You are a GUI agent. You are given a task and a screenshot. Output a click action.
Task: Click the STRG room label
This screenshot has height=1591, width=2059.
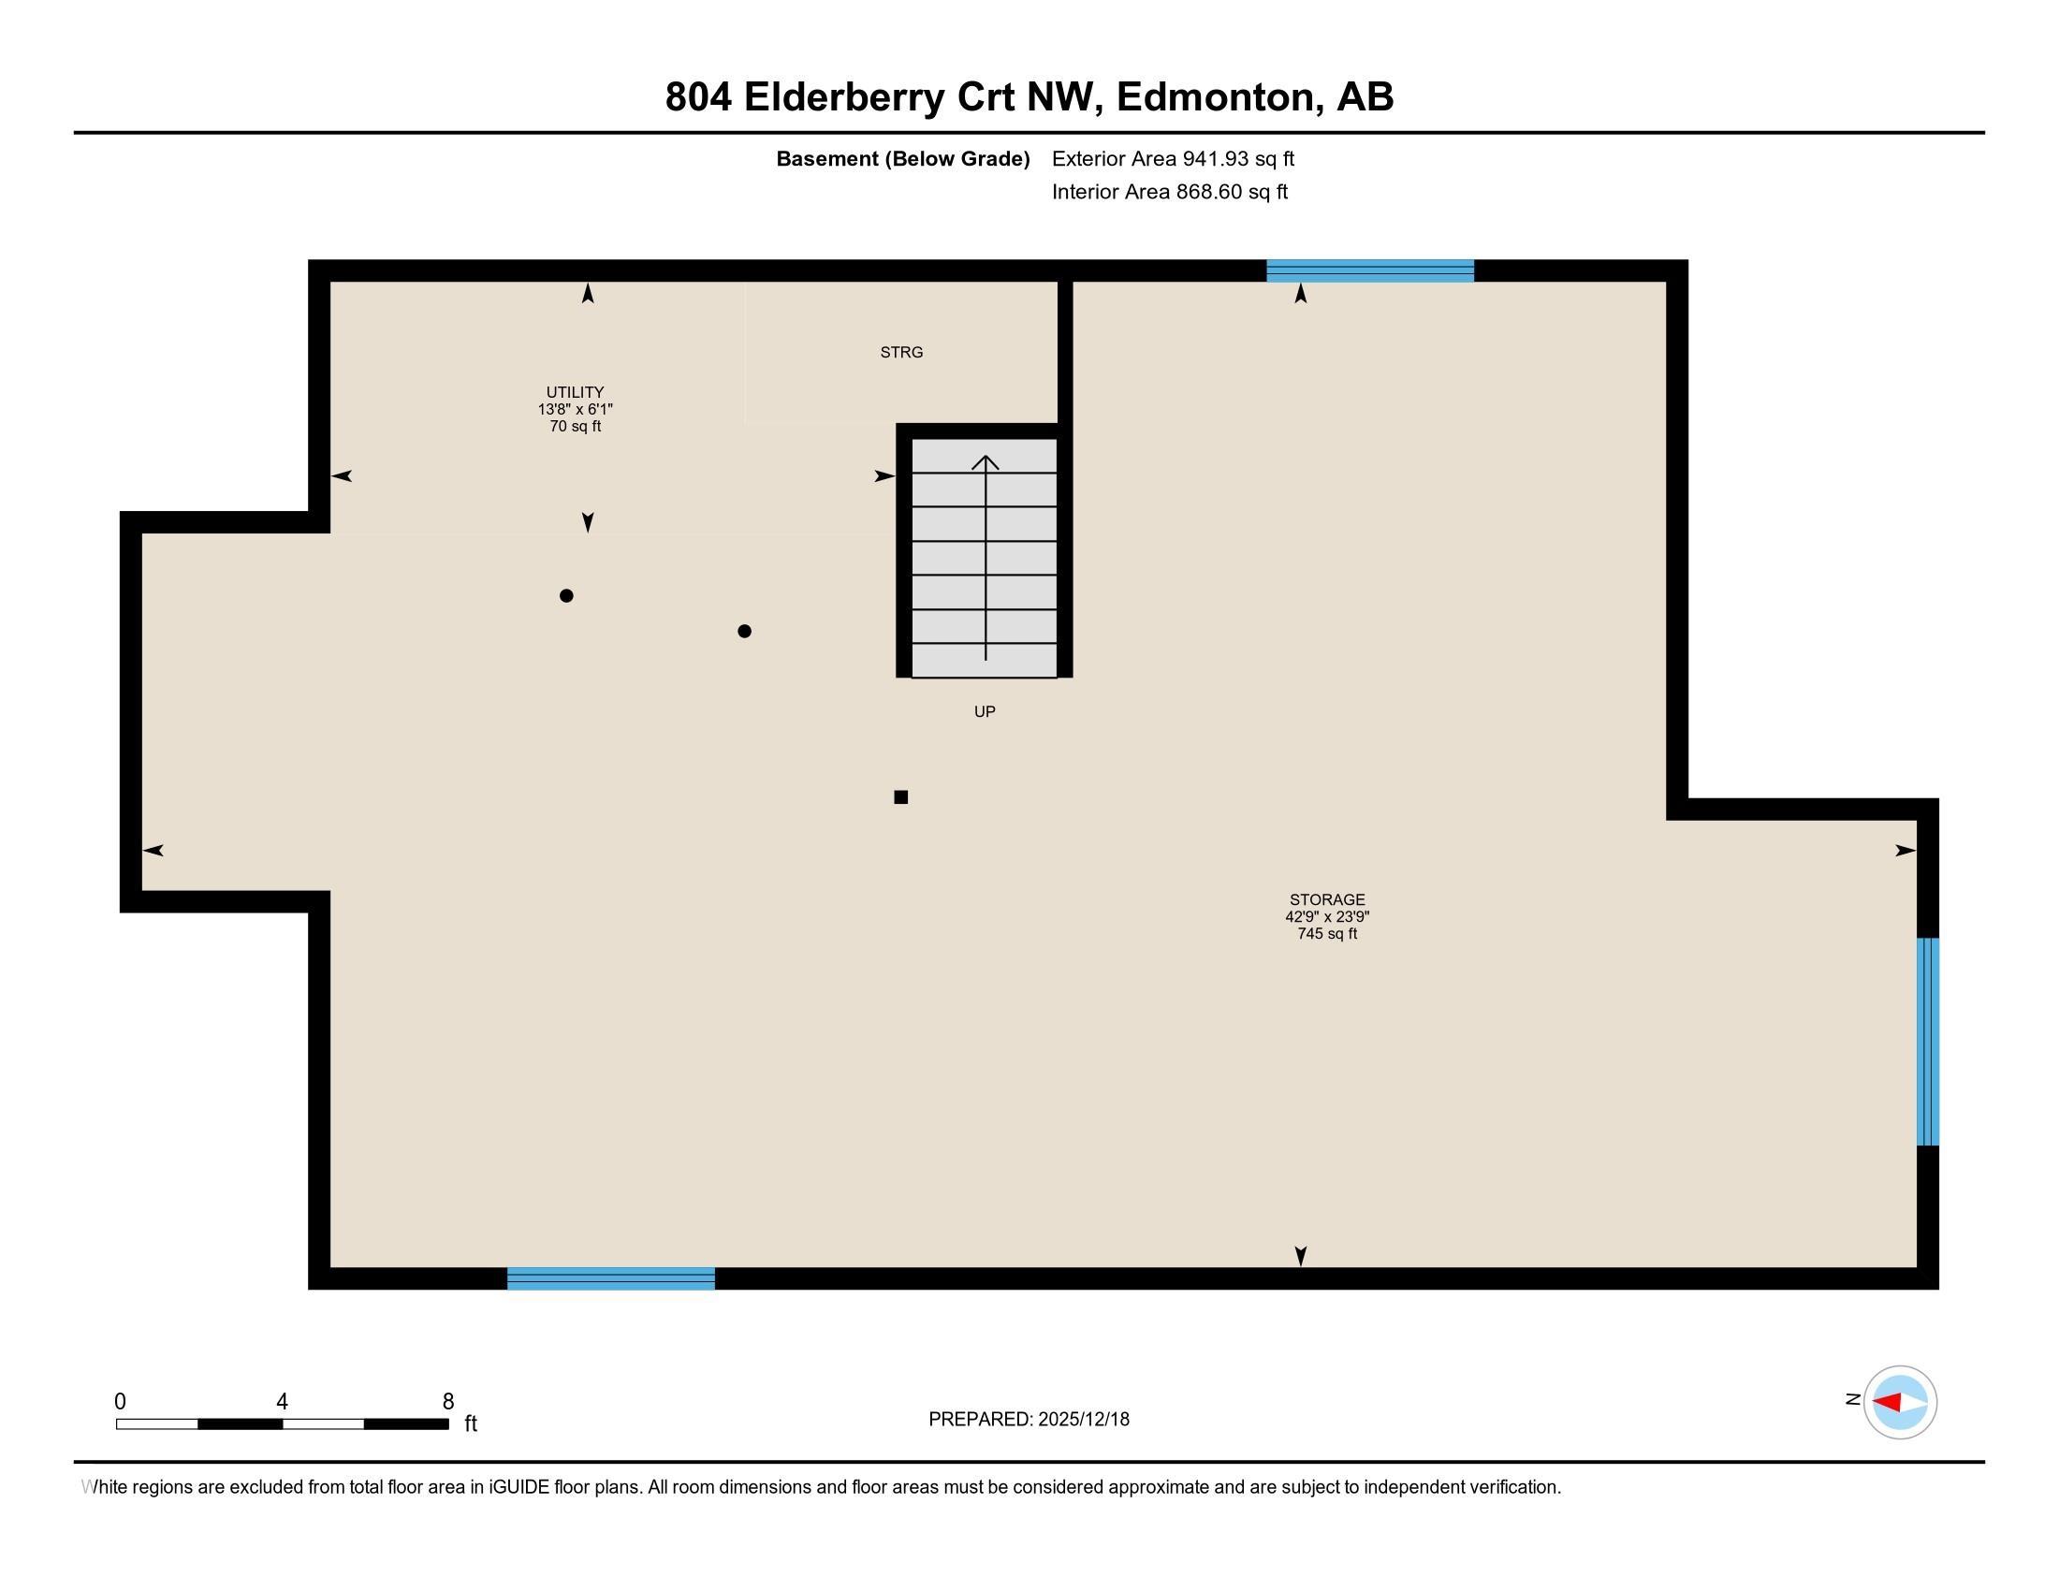pos(901,353)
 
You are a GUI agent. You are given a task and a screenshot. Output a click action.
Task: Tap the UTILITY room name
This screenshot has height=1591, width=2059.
pos(575,392)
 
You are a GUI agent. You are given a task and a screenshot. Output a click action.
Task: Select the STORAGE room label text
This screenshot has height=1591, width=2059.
pos(1327,900)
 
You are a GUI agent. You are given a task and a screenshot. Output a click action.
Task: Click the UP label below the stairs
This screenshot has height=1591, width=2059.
pos(985,711)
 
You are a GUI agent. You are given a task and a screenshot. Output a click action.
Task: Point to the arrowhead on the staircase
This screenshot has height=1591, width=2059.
pos(986,461)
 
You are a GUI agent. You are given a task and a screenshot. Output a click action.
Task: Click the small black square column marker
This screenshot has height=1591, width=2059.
pos(900,797)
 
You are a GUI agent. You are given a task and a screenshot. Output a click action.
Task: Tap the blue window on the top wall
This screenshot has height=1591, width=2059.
pos(1370,270)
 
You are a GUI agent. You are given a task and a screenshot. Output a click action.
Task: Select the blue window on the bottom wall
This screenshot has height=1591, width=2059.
pos(611,1278)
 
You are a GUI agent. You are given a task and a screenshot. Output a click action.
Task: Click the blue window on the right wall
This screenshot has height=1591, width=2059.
pos(1928,1042)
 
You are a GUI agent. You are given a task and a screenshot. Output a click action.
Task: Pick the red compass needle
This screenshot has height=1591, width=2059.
pos(1887,1403)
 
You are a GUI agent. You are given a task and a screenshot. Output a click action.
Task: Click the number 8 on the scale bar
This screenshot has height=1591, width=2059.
pos(447,1402)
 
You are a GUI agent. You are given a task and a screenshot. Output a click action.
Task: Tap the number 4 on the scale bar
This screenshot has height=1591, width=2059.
pos(282,1402)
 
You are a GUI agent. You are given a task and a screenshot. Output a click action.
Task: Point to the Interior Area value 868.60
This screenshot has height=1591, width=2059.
pos(1208,192)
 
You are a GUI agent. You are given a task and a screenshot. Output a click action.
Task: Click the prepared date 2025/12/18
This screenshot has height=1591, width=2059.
pos(1083,1420)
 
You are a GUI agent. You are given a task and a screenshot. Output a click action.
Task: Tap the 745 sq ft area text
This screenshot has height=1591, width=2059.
pos(1327,934)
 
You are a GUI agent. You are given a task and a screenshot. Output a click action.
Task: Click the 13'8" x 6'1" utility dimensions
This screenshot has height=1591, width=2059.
pos(575,409)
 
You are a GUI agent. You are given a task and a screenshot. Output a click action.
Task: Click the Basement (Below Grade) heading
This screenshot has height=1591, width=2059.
pos(902,159)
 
